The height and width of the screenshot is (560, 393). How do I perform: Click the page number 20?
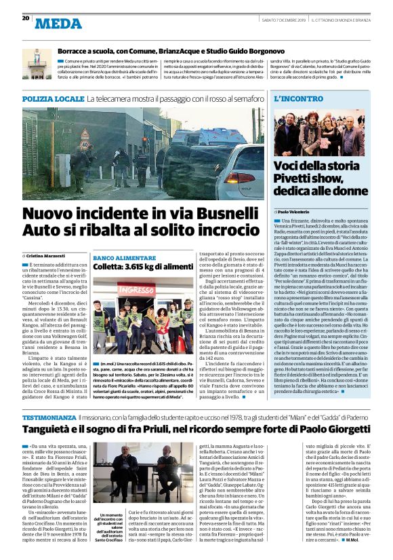click(26, 18)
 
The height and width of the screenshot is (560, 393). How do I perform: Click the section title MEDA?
click(58, 23)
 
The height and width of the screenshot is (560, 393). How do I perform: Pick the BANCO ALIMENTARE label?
click(118, 259)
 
